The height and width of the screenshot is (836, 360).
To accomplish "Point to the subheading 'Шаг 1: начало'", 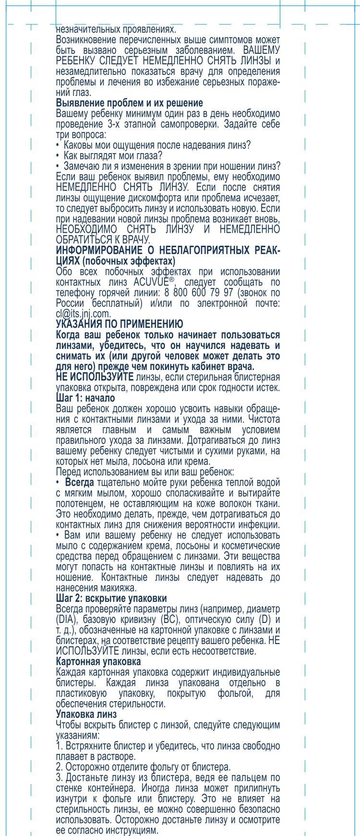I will pyautogui.click(x=85, y=398).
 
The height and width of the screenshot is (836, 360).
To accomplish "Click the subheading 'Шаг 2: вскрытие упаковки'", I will pyautogui.click(x=111, y=598).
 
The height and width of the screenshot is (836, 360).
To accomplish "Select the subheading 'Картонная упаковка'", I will pyautogui.click(x=98, y=661).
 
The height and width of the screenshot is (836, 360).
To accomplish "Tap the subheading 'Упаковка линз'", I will pyautogui.click(x=86, y=714).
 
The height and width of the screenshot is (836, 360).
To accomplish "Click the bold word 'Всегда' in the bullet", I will pyautogui.click(x=80, y=482).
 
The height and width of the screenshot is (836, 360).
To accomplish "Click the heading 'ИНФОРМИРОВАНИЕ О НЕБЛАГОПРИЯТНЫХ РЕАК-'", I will pyautogui.click(x=168, y=251).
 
